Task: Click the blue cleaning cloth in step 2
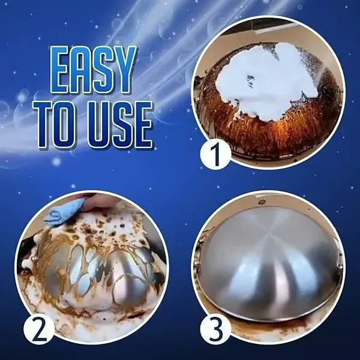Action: click(65, 211)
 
